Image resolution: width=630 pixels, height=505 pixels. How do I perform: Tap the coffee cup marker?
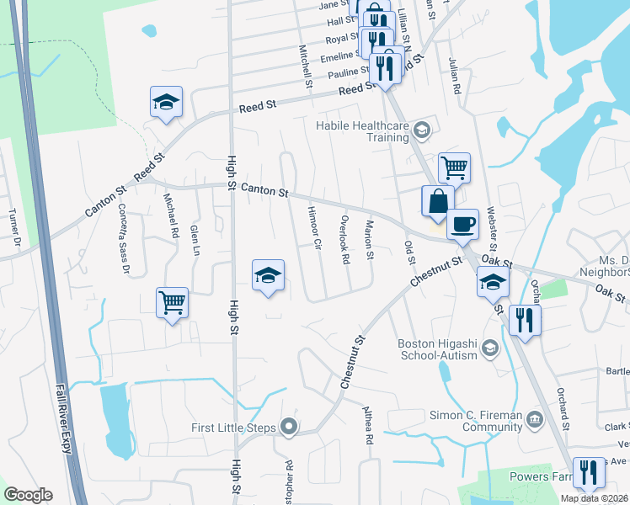[462, 226]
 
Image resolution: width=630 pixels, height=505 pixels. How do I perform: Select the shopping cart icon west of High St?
[172, 303]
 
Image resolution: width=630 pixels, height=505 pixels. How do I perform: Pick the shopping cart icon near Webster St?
[454, 167]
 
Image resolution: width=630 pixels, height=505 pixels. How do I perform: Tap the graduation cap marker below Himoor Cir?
[268, 275]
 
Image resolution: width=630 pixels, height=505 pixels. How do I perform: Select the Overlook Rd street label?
[344, 243]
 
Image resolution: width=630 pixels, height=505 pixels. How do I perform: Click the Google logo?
[28, 495]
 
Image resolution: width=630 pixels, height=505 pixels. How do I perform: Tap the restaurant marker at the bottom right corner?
[587, 473]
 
